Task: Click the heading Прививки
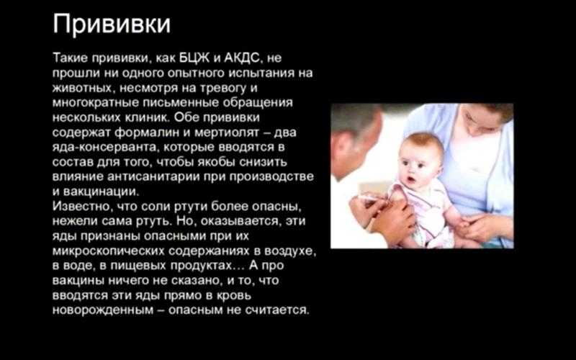[x=112, y=24]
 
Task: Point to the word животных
[x=82, y=88]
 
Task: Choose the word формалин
[x=148, y=132]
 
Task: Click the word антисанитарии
[x=153, y=176]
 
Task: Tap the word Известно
[x=82, y=207]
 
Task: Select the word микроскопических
[x=109, y=251]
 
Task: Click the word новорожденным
[x=103, y=310]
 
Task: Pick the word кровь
[x=234, y=295]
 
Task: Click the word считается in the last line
[x=277, y=310]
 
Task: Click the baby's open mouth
[x=410, y=180]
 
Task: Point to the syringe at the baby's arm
[x=372, y=199]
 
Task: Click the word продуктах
[x=207, y=266]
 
